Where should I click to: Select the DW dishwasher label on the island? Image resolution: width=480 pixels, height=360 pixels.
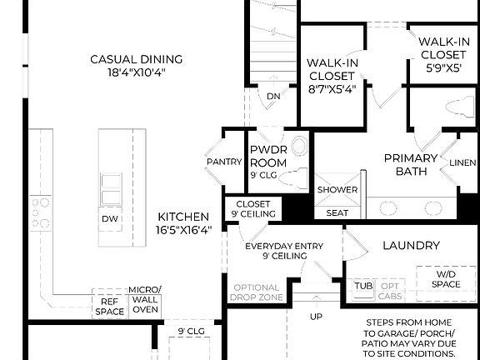coord(110,218)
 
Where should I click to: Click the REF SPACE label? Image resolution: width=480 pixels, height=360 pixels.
coord(109,307)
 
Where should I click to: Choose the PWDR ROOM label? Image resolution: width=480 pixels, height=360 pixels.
coord(268,157)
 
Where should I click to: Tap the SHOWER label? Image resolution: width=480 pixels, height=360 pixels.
coord(337,190)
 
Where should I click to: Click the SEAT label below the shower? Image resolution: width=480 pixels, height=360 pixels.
coord(337,213)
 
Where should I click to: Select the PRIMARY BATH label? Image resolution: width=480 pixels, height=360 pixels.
coord(410,164)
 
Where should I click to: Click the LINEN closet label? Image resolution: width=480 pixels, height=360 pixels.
coord(462,163)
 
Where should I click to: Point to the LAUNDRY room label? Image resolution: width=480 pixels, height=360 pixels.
coord(410,246)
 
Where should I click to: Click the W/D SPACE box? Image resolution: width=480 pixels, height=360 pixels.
coord(447,278)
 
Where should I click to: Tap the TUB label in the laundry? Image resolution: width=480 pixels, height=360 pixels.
coord(363,285)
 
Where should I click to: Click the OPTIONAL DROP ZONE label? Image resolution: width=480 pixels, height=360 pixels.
coord(256,292)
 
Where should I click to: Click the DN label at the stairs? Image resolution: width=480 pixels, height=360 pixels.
coord(274,97)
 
